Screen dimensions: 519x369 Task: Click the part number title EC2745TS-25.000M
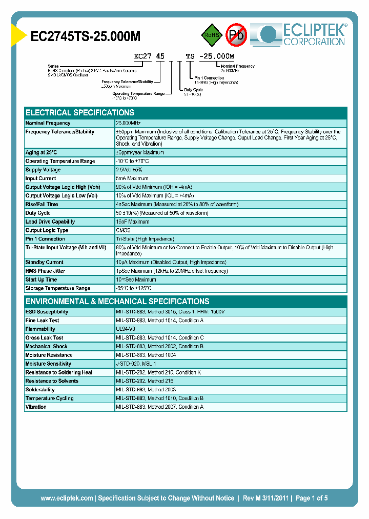click(x=86, y=36)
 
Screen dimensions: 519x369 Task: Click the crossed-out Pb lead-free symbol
click(x=236, y=35)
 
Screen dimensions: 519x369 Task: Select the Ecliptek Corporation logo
click(x=302, y=35)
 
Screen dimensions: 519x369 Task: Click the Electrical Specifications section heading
click(x=80, y=112)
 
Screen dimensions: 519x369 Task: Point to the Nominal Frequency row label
click(x=48, y=123)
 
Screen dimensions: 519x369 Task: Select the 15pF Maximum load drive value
click(x=133, y=222)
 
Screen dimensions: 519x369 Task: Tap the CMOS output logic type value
click(x=123, y=230)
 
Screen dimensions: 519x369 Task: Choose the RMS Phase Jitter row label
click(x=46, y=271)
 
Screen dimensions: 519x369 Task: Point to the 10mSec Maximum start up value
click(x=136, y=280)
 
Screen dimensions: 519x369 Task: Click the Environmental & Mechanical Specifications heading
click(x=117, y=301)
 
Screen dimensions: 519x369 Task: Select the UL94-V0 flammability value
click(x=126, y=329)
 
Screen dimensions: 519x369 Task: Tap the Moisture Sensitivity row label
click(x=49, y=364)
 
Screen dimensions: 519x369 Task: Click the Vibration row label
click(x=36, y=407)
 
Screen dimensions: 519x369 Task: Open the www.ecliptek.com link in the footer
click(x=67, y=498)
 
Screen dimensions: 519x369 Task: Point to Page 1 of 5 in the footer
click(x=312, y=498)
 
